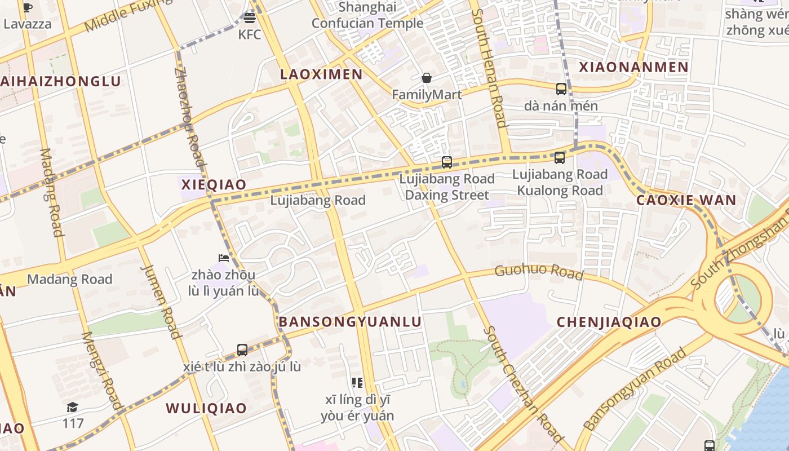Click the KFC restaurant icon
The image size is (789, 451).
(x=250, y=18)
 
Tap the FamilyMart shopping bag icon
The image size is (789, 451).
(x=427, y=78)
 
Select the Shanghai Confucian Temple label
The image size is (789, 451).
(x=367, y=15)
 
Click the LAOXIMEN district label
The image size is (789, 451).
(x=321, y=74)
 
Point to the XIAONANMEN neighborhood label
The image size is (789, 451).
(x=634, y=67)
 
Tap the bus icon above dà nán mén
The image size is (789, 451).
(x=561, y=89)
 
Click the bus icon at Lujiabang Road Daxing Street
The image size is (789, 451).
(x=447, y=162)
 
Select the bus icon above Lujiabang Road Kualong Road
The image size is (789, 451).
(x=560, y=158)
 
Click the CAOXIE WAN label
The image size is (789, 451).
(x=686, y=200)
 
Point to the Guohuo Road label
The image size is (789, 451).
(x=539, y=271)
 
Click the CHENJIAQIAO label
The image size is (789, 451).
(x=609, y=322)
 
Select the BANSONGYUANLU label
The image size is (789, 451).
(x=350, y=322)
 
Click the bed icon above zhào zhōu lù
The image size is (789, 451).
(x=224, y=259)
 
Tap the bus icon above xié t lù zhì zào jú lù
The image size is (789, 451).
(x=242, y=350)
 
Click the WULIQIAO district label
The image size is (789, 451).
(x=206, y=408)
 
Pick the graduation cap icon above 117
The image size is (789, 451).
(x=72, y=407)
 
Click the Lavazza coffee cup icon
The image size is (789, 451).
(x=27, y=7)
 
